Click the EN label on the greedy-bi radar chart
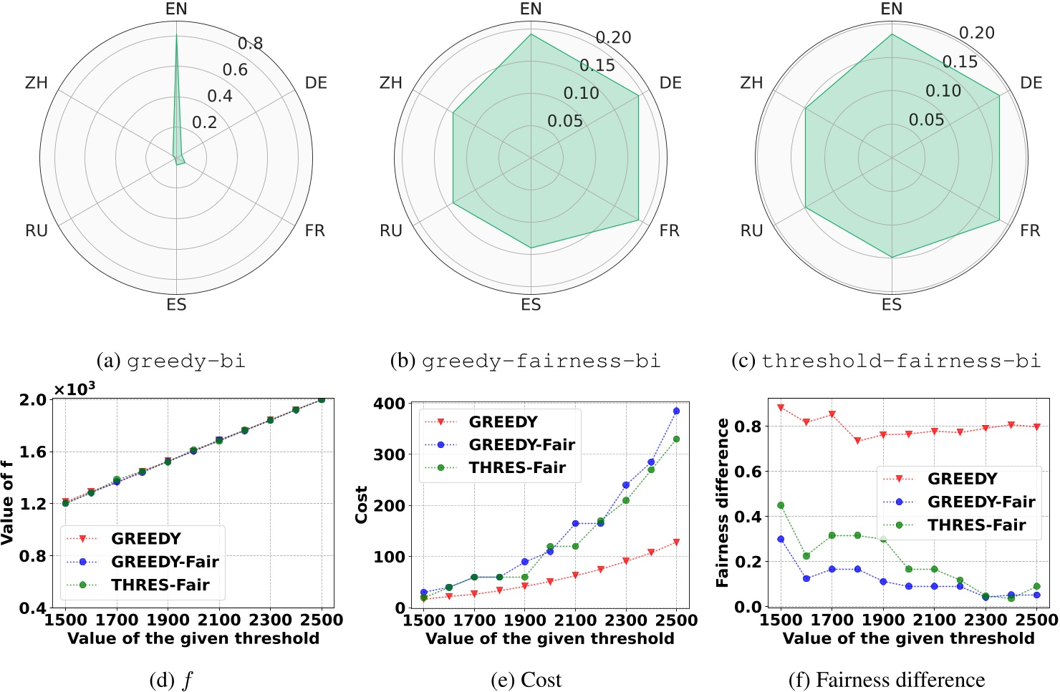pos(176,9)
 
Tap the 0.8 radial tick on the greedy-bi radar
pos(251,44)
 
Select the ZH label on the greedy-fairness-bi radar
pos(391,83)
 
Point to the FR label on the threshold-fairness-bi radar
pos(1030,230)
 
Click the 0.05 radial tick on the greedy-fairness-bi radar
pos(565,121)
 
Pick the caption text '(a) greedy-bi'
pos(171,361)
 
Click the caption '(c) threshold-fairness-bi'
pos(886,361)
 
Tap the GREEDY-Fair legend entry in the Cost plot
pos(521,445)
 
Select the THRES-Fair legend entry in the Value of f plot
pos(160,585)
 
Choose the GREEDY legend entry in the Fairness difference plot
pos(962,479)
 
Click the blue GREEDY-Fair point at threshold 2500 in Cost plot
pos(676,411)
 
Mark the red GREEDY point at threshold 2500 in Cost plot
pos(676,542)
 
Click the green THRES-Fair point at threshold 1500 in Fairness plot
pos(781,505)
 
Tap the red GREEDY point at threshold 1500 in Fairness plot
pos(781,407)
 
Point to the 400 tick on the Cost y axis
pos(389,404)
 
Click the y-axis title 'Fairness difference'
pos(723,503)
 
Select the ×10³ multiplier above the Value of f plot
pos(74,389)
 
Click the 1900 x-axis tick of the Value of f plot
pos(168,620)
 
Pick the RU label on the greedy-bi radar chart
pos(37,230)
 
